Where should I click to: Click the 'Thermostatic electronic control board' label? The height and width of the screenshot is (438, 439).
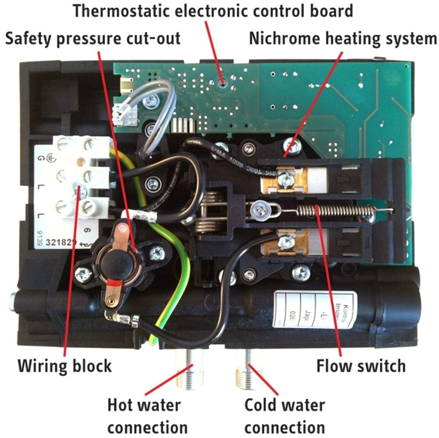click(213, 11)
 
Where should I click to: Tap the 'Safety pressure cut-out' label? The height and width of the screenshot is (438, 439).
click(92, 39)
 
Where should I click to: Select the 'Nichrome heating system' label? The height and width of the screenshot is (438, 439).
click(343, 39)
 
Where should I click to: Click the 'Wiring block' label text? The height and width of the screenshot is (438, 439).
click(64, 365)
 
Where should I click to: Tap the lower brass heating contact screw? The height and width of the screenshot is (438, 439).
click(287, 240)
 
